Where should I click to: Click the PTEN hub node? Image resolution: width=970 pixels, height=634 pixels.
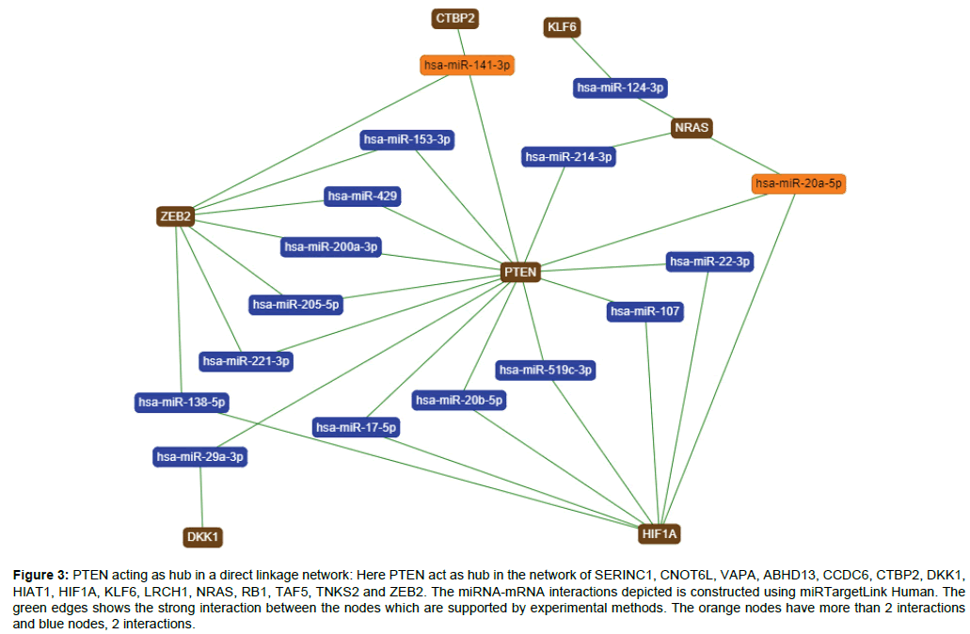pyautogui.click(x=520, y=272)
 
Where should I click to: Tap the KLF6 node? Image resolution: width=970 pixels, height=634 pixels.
pyautogui.click(x=562, y=27)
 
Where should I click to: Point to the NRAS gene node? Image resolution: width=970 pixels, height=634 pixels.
pyautogui.click(x=692, y=127)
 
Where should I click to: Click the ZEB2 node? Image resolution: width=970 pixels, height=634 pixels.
pyautogui.click(x=176, y=216)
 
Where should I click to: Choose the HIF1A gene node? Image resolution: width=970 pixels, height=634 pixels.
pyautogui.click(x=659, y=533)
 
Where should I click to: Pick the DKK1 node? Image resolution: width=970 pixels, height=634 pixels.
pyautogui.click(x=203, y=537)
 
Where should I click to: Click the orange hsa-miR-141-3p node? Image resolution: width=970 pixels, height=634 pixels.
pyautogui.click(x=468, y=65)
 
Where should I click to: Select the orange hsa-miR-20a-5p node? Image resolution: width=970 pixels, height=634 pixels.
pyautogui.click(x=799, y=183)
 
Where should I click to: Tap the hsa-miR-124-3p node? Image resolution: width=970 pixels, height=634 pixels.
pyautogui.click(x=621, y=87)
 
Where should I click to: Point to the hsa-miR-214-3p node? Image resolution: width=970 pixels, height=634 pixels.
pyautogui.click(x=568, y=157)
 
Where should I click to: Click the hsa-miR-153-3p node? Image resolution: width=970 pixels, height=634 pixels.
pyautogui.click(x=407, y=139)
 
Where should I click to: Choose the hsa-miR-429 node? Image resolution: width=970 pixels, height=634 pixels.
pyautogui.click(x=362, y=197)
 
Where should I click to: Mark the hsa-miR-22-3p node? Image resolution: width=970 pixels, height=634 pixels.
pyautogui.click(x=709, y=262)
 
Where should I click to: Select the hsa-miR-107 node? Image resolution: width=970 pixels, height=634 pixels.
pyautogui.click(x=644, y=311)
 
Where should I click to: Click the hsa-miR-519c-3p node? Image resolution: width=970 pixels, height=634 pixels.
pyautogui.click(x=546, y=370)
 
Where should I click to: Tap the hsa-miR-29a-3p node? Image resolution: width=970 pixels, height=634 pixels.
pyautogui.click(x=199, y=457)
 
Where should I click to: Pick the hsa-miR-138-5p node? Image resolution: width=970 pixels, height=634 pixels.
pyautogui.click(x=182, y=403)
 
